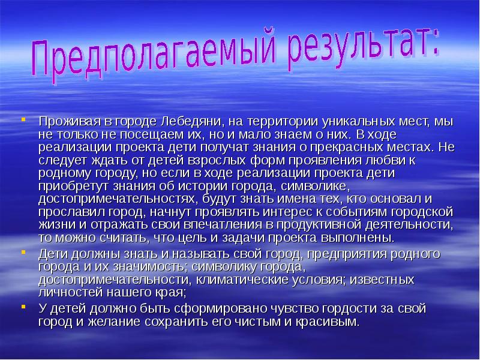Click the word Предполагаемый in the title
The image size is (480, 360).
[141, 59]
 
